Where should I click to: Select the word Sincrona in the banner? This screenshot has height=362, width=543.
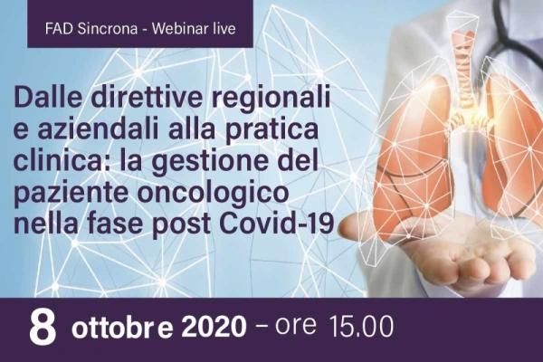108,28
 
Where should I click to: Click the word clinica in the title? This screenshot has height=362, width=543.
58,161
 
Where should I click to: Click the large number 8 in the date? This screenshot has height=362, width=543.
43,328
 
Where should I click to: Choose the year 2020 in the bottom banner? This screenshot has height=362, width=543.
214,328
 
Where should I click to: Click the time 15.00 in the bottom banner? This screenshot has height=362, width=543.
362,327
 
